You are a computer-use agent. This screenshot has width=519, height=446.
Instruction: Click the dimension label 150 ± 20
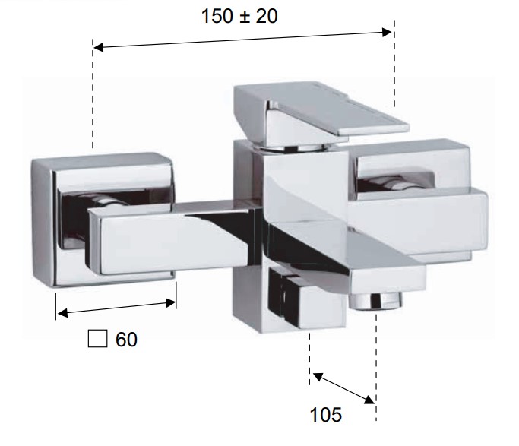point(239,16)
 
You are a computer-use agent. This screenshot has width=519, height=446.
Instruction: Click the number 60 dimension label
point(126,339)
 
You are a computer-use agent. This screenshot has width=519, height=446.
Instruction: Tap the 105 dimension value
point(325,415)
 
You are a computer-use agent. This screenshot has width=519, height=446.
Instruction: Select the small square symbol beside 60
point(97,338)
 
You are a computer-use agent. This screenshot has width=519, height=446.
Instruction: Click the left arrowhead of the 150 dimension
point(98,47)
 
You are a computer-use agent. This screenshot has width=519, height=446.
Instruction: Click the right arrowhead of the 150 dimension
point(387,32)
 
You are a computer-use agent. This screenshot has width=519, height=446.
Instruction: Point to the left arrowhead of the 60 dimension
point(62,313)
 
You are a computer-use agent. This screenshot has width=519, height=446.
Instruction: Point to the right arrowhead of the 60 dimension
point(170,302)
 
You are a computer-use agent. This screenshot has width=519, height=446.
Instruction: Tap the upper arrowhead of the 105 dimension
point(318,377)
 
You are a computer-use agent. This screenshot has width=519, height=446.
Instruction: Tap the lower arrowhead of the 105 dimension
point(370,400)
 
